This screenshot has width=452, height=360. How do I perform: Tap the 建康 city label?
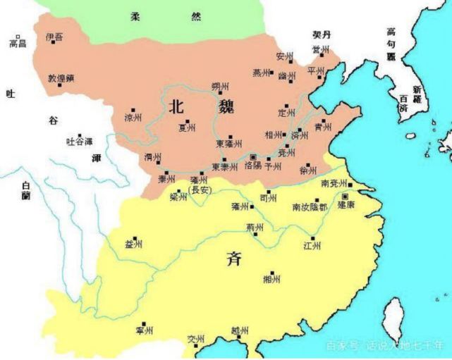(x=346, y=205)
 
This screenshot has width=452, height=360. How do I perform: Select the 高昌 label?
(x=18, y=44)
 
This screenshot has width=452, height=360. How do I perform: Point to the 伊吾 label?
(x=54, y=37)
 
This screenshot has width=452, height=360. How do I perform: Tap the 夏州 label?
(x=186, y=128)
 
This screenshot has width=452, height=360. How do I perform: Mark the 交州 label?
(x=195, y=340)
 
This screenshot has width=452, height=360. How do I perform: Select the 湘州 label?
(x=271, y=279)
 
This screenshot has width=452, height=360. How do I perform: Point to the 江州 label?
(x=311, y=246)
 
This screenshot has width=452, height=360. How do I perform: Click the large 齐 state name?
(x=234, y=258)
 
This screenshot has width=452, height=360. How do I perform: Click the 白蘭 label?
(x=26, y=191)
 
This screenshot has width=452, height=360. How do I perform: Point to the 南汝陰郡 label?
(x=310, y=207)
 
